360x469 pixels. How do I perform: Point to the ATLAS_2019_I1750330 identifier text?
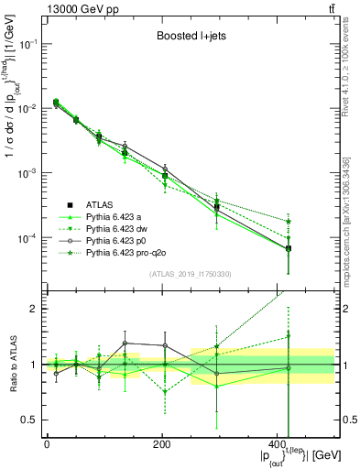[x=190, y=273]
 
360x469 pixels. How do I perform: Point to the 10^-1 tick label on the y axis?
[x=30, y=43]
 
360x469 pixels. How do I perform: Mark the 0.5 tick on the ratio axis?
[x=34, y=420]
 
